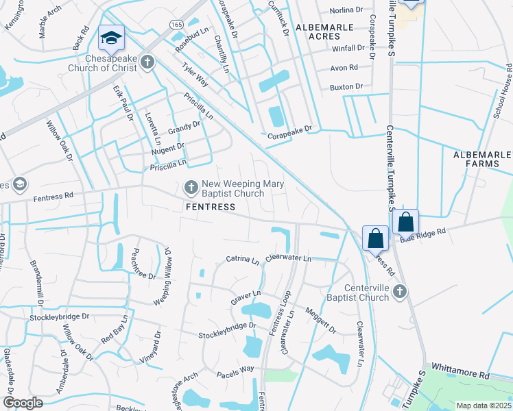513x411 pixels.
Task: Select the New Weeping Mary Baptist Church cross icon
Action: tap(191, 186)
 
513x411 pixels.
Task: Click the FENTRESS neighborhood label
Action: tap(206, 206)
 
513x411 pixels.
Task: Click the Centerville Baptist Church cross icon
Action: tap(400, 292)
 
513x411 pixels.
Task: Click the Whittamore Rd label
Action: tap(465, 375)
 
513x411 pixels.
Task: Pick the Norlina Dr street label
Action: tap(347, 10)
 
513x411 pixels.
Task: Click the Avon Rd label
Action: tap(344, 68)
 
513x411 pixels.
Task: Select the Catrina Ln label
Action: tap(243, 260)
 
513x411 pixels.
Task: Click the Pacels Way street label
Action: tap(235, 369)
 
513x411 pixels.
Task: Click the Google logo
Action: tap(23, 402)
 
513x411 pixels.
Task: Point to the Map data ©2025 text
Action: tap(484, 406)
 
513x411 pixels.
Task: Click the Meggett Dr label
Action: tap(320, 319)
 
